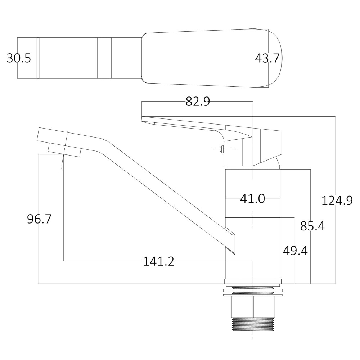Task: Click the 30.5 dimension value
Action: click(19, 58)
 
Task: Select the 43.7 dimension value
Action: click(267, 58)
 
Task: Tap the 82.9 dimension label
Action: click(198, 102)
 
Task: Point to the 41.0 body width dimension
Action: click(252, 198)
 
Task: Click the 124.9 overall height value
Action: click(337, 201)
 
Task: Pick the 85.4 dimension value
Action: click(312, 226)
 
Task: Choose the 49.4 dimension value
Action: click(295, 251)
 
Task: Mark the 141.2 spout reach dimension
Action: click(158, 261)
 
